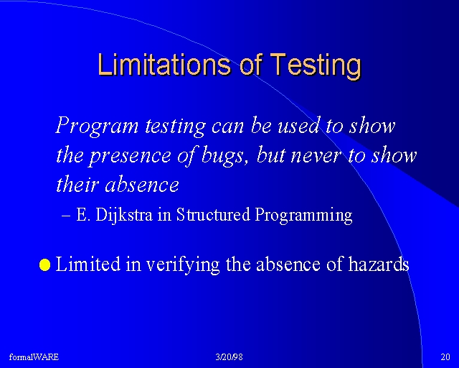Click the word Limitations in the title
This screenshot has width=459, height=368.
click(x=164, y=64)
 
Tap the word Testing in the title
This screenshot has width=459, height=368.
click(x=316, y=66)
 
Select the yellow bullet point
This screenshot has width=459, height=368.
click(x=44, y=264)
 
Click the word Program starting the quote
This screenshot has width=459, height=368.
click(x=97, y=126)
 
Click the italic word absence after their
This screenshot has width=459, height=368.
click(x=142, y=185)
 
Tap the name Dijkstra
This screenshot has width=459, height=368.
click(x=124, y=215)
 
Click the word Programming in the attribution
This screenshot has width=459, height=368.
click(x=303, y=216)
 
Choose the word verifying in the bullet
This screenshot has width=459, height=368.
click(x=183, y=264)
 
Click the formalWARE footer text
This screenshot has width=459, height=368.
click(x=34, y=356)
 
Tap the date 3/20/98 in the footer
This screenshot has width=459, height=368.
click(x=229, y=356)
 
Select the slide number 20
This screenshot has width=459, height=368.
click(x=445, y=356)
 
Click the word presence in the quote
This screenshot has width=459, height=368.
click(x=129, y=157)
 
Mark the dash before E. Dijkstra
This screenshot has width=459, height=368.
click(x=66, y=216)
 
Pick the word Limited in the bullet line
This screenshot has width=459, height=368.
click(x=87, y=263)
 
